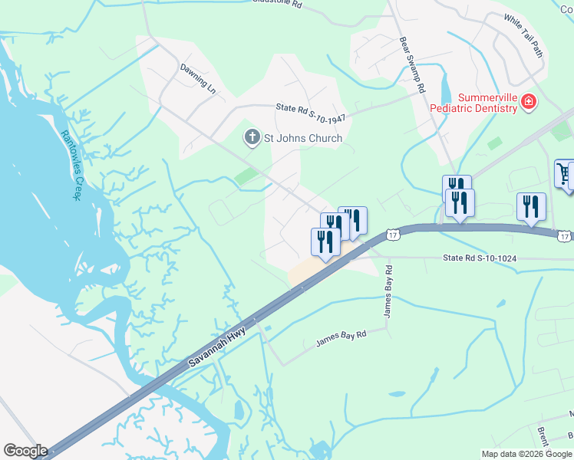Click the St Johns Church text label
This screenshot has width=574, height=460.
click(303, 139)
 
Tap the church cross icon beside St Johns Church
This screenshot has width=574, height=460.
click(252, 138)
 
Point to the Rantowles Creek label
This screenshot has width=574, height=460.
click(71, 162)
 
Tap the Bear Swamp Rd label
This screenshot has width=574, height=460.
click(412, 65)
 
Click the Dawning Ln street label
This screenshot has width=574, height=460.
click(198, 77)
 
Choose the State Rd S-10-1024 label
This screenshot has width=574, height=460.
click(479, 258)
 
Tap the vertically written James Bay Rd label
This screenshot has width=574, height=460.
click(388, 291)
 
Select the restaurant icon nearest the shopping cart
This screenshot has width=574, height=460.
click(531, 206)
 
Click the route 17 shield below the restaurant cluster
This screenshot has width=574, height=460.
click(391, 234)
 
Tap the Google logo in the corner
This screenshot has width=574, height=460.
click(25, 451)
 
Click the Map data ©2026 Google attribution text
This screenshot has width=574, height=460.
click(526, 454)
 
